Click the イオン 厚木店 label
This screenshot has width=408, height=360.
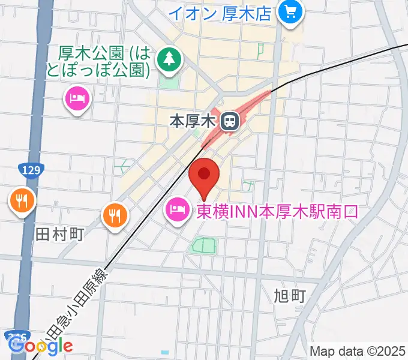coord(220,13)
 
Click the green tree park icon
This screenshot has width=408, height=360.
coord(170,58)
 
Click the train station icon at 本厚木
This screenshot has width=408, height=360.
coord(229,122)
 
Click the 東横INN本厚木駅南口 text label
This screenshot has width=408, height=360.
coord(277,211)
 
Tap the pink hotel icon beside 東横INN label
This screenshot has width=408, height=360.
coord(178,211)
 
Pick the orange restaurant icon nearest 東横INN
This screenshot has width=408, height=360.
coord(115,214)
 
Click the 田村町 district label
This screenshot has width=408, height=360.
coord(59,233)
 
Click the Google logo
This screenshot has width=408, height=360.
coord(41,346)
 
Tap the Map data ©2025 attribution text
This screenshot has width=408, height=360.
coord(356,350)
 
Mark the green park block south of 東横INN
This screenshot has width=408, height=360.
coord(204,245)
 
